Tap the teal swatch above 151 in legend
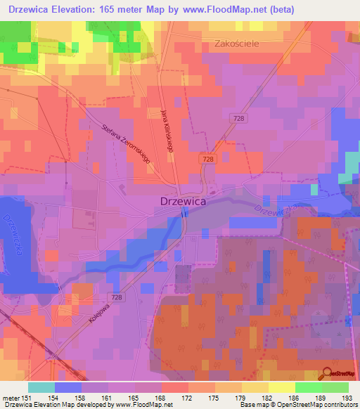point(41,387)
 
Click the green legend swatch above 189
point(308,387)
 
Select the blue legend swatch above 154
point(68,387)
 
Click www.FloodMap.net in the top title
point(215,9)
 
